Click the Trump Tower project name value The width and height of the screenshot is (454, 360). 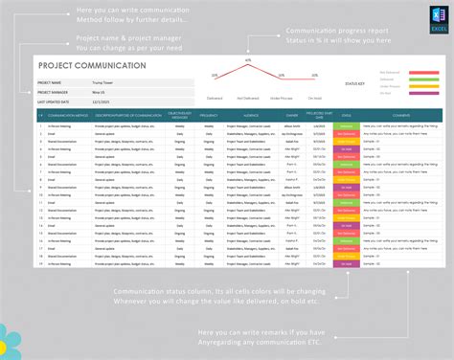pos(102,83)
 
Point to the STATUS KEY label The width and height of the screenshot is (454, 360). pos(355,83)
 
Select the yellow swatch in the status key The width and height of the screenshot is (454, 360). pos(421,86)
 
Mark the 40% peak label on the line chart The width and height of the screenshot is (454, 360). pos(247,61)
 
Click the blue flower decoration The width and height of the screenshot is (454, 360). pos(8,339)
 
